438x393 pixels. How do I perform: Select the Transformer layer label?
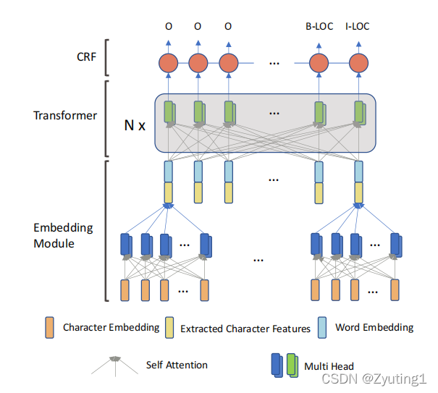pyautogui.click(x=64, y=116)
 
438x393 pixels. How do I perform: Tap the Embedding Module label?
pyautogui.click(x=63, y=234)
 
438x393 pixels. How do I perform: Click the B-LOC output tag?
pyautogui.click(x=319, y=27)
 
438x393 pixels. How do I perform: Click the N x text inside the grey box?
pyautogui.click(x=135, y=125)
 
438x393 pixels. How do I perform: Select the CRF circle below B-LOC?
pyautogui.click(x=319, y=63)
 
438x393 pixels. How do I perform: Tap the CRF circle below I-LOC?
pyautogui.click(x=359, y=63)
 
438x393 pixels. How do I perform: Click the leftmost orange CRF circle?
pyautogui.click(x=168, y=63)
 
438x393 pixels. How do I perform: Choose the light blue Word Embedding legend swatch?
pyautogui.click(x=323, y=327)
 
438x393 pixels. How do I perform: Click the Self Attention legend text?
pyautogui.click(x=177, y=365)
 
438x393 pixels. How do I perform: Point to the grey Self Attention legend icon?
pyautogui.click(x=114, y=363)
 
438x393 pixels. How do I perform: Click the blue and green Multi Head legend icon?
pyautogui.click(x=285, y=364)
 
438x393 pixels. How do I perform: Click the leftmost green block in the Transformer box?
pyautogui.click(x=169, y=112)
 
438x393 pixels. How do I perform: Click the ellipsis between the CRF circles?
pyautogui.click(x=274, y=63)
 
